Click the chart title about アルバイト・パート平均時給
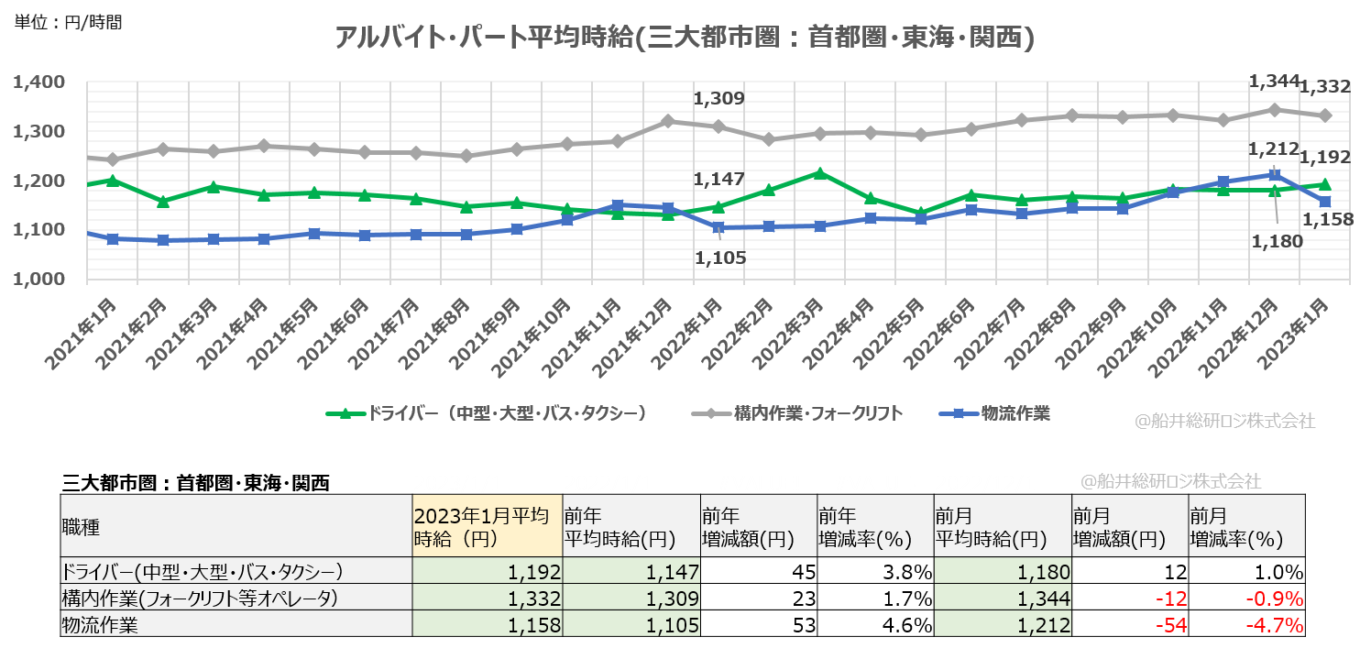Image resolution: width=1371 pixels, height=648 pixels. tap(685, 38)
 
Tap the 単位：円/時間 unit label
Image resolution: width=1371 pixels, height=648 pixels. tap(68, 21)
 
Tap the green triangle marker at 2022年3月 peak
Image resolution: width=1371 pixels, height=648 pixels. tap(820, 172)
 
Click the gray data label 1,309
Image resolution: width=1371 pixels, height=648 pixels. tap(718, 99)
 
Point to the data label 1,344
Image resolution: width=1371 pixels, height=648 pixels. tap(1273, 82)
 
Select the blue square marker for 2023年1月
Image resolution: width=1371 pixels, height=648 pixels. tap(1324, 202)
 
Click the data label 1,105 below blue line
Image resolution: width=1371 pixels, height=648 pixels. tap(720, 258)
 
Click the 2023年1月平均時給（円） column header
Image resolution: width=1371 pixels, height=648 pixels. tap(487, 526)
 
